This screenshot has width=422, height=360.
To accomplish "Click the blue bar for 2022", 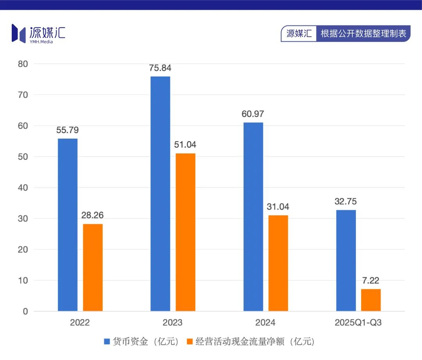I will pyautogui.click(x=68, y=225).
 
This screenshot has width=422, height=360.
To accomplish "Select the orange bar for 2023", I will pyautogui.click(x=185, y=232).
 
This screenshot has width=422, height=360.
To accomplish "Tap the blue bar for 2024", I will pyautogui.click(x=253, y=217).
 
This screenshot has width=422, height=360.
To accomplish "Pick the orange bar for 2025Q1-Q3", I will pyautogui.click(x=371, y=300).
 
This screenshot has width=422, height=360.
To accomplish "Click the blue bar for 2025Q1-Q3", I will pyautogui.click(x=346, y=260).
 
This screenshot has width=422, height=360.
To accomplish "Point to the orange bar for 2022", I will pyautogui.click(x=93, y=267).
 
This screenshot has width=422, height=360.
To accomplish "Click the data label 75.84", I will pyautogui.click(x=160, y=68).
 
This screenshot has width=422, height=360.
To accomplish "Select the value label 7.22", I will pyautogui.click(x=371, y=281).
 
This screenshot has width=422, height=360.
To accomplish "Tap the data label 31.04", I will pyautogui.click(x=278, y=207).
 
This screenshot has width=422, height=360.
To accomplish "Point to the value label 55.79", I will pyautogui.click(x=67, y=130).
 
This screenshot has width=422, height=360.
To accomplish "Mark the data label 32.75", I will pyautogui.click(x=345, y=201).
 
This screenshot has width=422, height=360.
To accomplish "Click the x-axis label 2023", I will pyautogui.click(x=172, y=323).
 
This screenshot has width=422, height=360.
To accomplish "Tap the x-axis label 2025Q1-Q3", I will pyautogui.click(x=358, y=323).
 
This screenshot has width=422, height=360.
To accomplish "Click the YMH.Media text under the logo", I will pyautogui.click(x=41, y=42).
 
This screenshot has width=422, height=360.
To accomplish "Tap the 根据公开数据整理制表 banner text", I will pyautogui.click(x=363, y=34).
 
